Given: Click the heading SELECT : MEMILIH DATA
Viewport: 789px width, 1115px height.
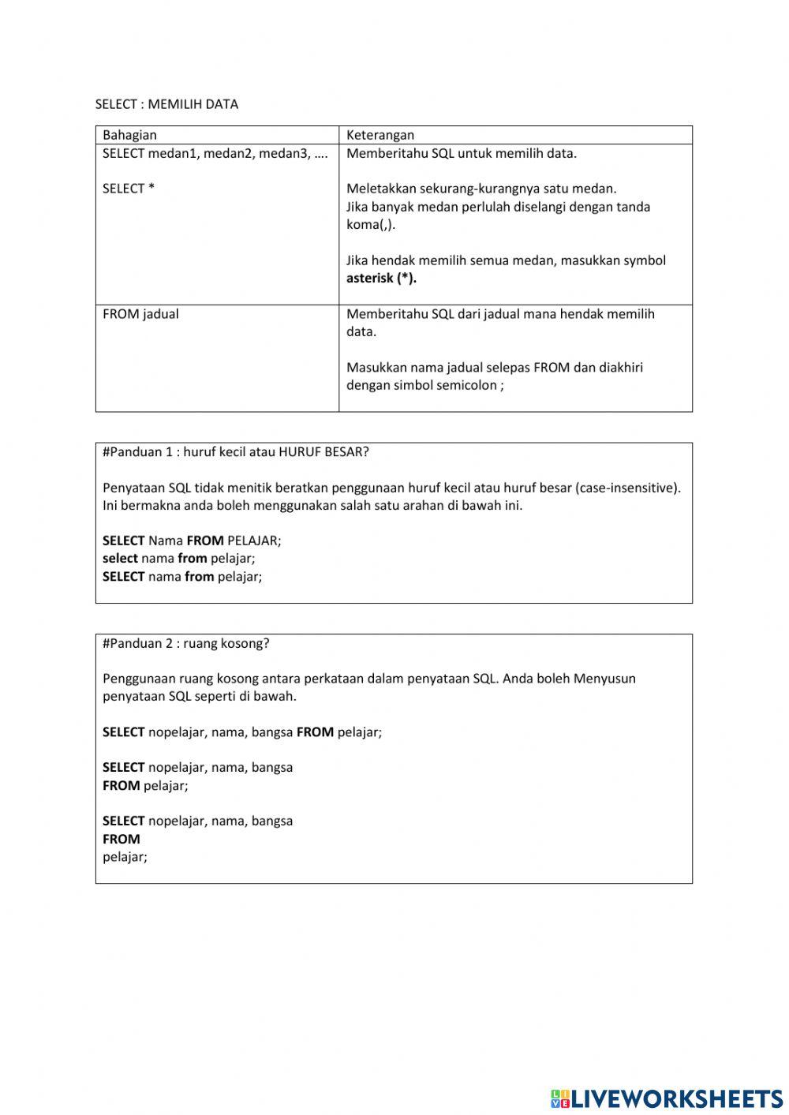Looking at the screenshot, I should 166,104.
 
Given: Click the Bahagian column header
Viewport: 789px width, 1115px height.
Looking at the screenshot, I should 129,135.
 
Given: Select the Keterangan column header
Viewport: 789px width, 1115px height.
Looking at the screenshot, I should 380,135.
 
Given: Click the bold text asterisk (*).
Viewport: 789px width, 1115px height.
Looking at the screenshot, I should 381,278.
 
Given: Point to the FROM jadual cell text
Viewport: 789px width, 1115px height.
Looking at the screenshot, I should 140,314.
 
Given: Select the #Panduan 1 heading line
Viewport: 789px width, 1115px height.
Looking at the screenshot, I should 235,452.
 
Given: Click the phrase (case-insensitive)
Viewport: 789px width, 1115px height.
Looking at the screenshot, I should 628,488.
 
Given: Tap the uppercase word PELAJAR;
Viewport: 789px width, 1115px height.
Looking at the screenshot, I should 254,541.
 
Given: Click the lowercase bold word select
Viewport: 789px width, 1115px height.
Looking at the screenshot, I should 120,559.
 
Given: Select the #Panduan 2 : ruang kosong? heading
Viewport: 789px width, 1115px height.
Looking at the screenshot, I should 185,643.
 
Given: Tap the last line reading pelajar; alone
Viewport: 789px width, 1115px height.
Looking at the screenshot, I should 125,856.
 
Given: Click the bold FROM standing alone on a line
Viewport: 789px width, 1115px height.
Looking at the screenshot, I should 121,839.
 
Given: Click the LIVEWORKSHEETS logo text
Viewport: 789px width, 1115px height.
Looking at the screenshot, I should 676,1098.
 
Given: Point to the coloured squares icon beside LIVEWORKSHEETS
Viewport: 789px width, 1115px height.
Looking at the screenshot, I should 559,1098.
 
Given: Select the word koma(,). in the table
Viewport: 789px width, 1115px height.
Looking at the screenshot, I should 371,224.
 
